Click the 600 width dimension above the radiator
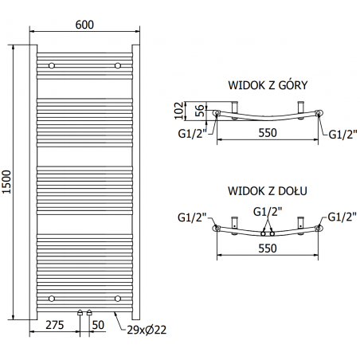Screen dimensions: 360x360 tap(85, 24)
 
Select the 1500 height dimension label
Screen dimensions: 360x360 tap(9, 185)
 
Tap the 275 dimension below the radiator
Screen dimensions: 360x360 tap(55, 326)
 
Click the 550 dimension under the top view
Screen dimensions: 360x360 tap(267, 133)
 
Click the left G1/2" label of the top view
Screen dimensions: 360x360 tap(191, 134)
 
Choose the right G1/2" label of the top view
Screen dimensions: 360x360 tap(343, 134)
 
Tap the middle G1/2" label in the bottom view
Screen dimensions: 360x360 tap(267, 212)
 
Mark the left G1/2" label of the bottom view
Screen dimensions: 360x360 tap(192, 216)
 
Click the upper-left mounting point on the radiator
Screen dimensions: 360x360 tap(52, 65)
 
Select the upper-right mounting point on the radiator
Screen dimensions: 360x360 tap(118, 65)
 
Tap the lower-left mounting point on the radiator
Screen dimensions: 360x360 tap(52, 298)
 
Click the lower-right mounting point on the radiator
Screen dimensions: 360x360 tap(118, 298)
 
